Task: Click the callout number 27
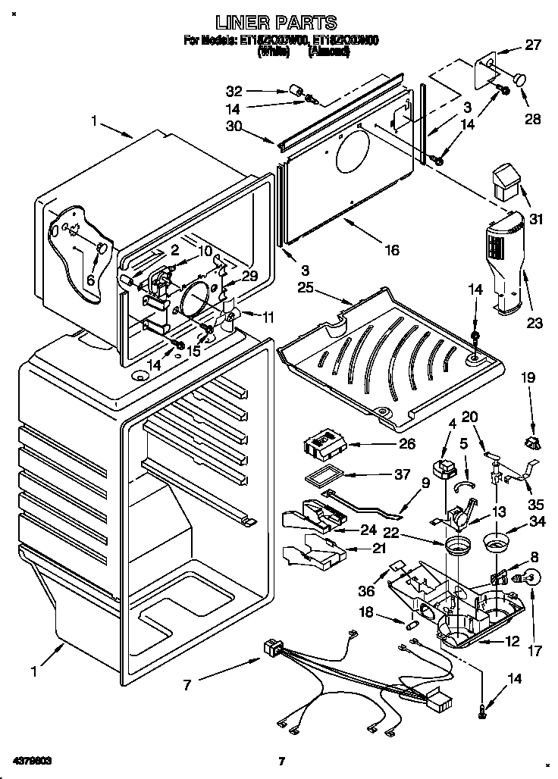tap(533, 45)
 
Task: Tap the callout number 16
tap(390, 250)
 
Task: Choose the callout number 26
tap(406, 443)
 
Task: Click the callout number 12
tap(513, 641)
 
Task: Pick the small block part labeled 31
tap(503, 181)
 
